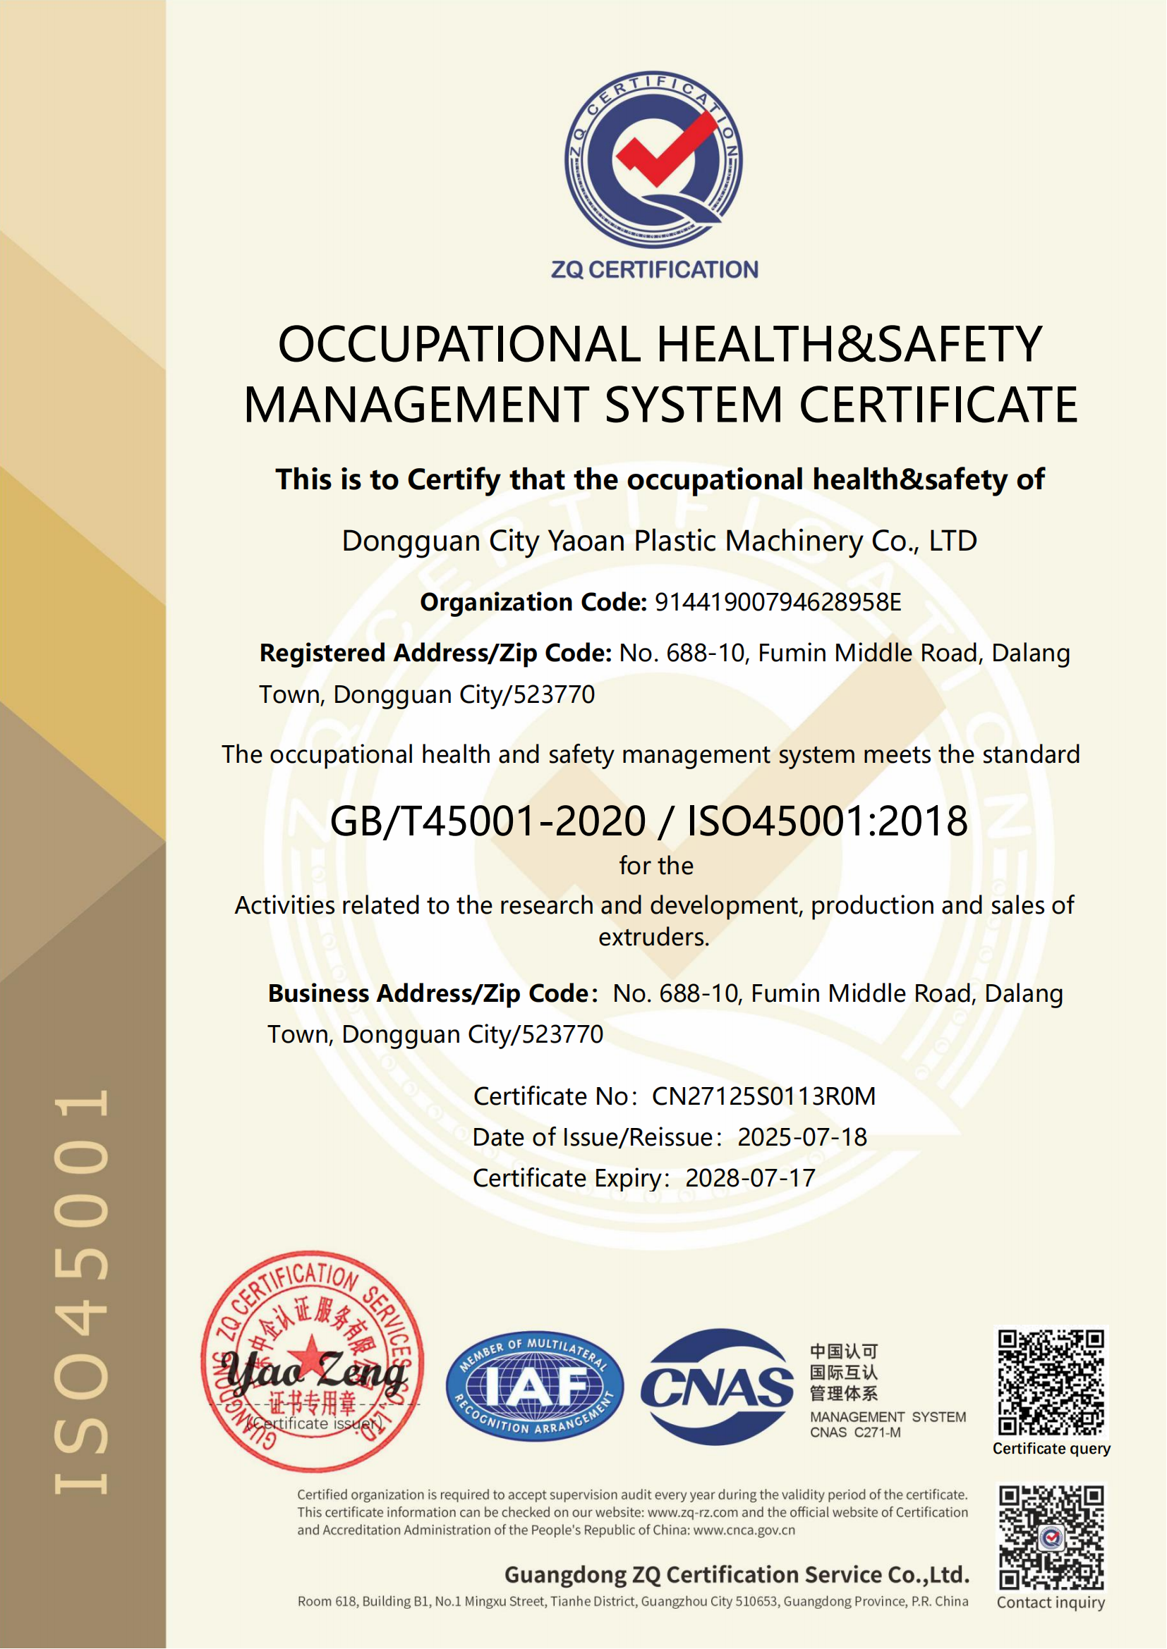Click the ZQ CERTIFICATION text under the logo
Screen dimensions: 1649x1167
655,270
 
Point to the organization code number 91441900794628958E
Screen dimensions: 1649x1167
778,602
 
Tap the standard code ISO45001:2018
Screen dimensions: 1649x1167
827,821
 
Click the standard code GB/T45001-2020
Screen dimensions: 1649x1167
488,821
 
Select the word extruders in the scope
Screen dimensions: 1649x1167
653,937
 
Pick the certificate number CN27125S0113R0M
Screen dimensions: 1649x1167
764,1096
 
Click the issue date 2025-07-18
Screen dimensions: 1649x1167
802,1137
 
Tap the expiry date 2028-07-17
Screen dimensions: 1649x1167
750,1178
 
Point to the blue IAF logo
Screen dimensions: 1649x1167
535,1385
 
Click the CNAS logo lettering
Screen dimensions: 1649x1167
717,1387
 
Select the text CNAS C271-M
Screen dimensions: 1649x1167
855,1432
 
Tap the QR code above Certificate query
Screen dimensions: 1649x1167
1051,1382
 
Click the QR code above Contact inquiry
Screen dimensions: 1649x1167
1051,1538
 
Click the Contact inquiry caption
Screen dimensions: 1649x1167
1051,1602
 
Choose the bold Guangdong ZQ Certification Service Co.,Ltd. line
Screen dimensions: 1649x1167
737,1574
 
